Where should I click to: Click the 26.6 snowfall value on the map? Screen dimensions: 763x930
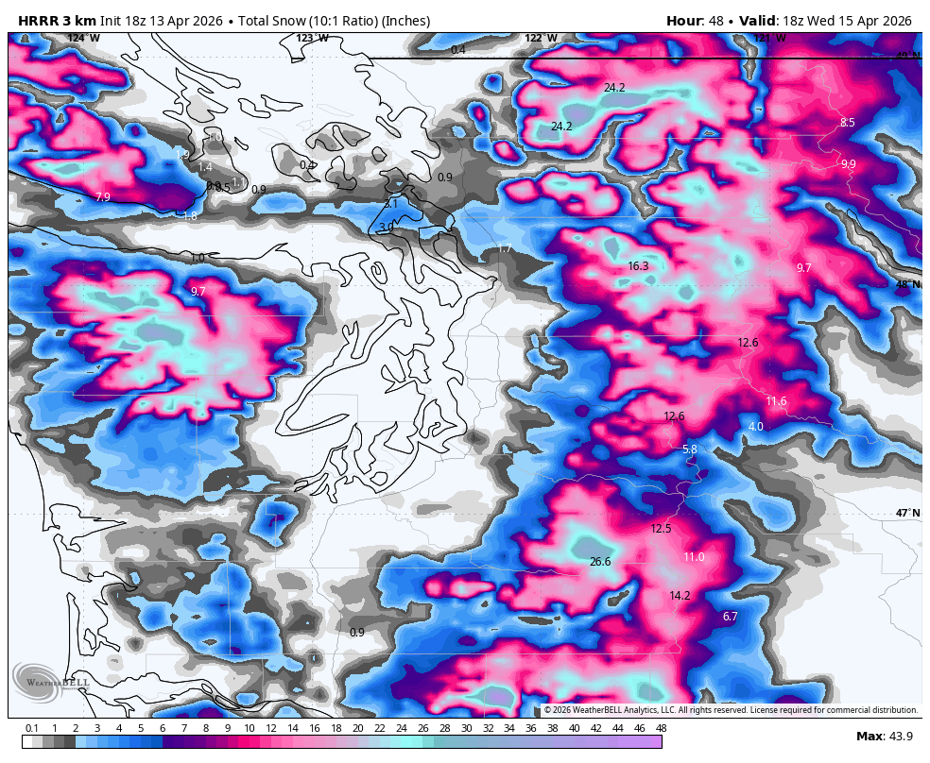pyautogui.click(x=600, y=562)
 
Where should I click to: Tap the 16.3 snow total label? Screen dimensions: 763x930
pyautogui.click(x=638, y=266)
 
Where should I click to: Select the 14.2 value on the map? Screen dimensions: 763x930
pyautogui.click(x=680, y=596)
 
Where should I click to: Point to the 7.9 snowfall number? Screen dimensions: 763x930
pyautogui.click(x=103, y=197)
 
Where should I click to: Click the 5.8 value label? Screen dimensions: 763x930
pyautogui.click(x=690, y=449)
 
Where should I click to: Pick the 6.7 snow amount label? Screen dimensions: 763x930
pyautogui.click(x=730, y=617)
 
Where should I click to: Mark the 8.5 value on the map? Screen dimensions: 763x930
pyautogui.click(x=848, y=123)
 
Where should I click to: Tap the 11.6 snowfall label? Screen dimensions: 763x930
pyautogui.click(x=776, y=401)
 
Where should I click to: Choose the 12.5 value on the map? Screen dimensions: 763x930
pyautogui.click(x=661, y=529)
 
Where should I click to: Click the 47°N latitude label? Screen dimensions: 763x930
pyautogui.click(x=907, y=513)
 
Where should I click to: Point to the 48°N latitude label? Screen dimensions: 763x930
pyautogui.click(x=907, y=284)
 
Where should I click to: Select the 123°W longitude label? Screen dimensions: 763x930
pyautogui.click(x=313, y=38)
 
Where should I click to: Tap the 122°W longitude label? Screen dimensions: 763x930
pyautogui.click(x=541, y=38)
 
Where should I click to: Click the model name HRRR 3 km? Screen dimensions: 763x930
pyautogui.click(x=54, y=21)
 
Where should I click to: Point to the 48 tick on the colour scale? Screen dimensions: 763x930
pyautogui.click(x=661, y=728)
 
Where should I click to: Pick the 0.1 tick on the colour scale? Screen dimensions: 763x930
pyautogui.click(x=31, y=728)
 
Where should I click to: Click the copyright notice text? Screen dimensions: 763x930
pyautogui.click(x=731, y=710)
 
